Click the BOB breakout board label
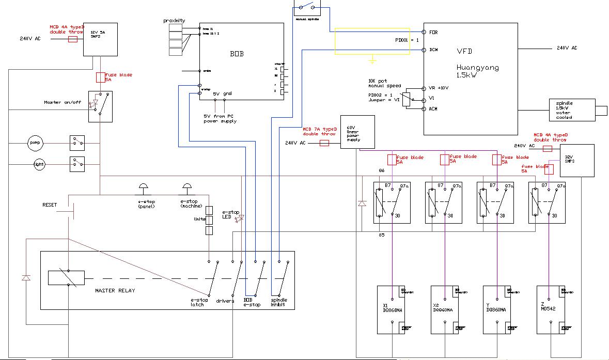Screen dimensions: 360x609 point(236,54)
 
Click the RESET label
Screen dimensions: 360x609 point(50,205)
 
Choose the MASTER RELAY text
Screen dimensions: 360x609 point(115,291)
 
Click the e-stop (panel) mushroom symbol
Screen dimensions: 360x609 point(143,186)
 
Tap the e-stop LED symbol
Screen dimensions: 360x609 point(238,219)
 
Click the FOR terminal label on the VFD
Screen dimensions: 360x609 point(434,32)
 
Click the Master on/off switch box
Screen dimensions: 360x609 point(100,106)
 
